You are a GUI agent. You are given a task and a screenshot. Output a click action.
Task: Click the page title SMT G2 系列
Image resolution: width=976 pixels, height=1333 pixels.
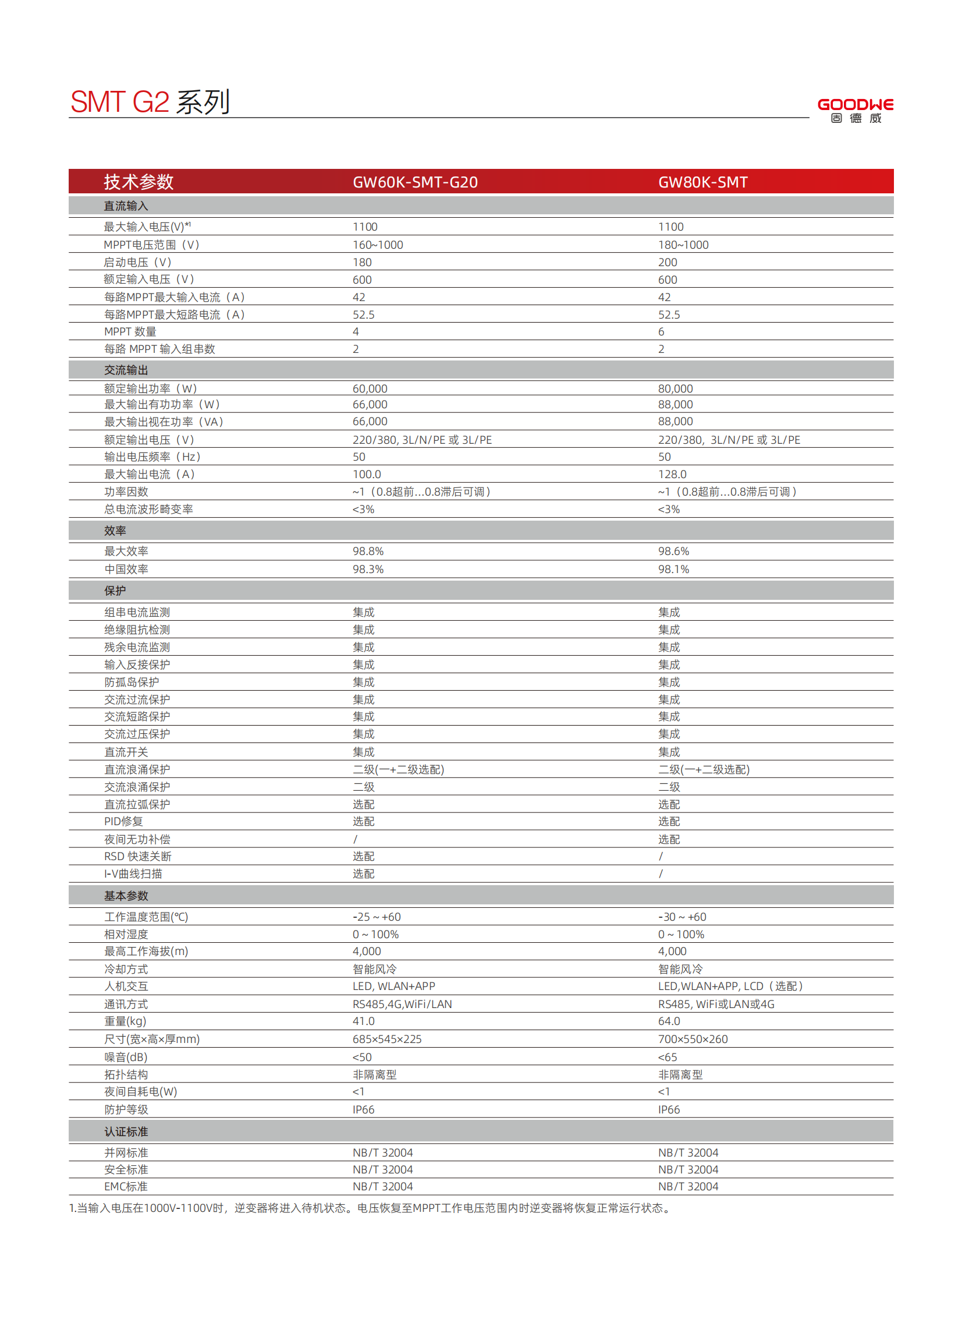[x=150, y=102]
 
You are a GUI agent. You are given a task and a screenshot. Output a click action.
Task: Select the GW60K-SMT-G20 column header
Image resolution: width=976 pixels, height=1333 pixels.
[x=415, y=182]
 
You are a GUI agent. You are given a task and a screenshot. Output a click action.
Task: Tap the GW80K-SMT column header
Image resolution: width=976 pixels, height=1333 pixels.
[x=702, y=182]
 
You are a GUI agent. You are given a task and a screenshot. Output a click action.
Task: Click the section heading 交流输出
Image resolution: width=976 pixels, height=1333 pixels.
[x=126, y=370]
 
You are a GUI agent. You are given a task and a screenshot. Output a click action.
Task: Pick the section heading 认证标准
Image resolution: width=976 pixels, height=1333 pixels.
[x=126, y=1132]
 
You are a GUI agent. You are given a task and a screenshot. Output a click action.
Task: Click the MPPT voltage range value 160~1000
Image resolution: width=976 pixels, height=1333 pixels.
[x=378, y=245]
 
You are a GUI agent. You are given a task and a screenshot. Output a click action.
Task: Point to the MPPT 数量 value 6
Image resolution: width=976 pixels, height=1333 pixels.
[x=661, y=331]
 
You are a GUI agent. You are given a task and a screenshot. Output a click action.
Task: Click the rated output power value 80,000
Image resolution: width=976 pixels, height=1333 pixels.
[x=675, y=388]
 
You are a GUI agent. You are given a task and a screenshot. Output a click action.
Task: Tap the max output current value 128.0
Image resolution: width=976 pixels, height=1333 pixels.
[x=672, y=474]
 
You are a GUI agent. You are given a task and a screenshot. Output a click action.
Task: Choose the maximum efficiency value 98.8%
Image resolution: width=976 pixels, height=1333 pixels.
[x=368, y=551]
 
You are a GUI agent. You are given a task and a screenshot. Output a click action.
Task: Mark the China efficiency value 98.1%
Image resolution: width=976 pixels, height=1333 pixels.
[x=673, y=570]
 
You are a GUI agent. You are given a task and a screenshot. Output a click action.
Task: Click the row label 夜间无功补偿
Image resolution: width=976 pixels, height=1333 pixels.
[x=137, y=839]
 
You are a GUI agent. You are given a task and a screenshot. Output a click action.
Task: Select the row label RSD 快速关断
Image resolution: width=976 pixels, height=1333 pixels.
[x=138, y=857]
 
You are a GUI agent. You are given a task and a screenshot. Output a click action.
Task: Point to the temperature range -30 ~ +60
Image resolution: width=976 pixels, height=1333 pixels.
[x=682, y=917]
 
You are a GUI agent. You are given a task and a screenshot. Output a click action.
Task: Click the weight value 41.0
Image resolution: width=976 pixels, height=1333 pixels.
[x=363, y=1021]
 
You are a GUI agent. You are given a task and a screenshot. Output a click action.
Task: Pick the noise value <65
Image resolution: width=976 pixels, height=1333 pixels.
[x=668, y=1057]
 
